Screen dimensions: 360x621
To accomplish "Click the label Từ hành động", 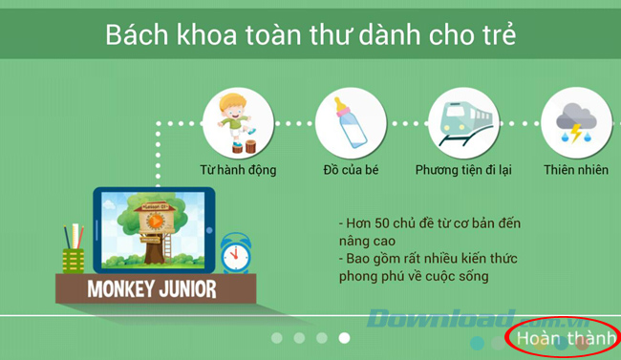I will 238,171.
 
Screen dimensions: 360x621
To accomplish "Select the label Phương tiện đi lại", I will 464,171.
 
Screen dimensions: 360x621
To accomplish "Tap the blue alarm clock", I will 234,254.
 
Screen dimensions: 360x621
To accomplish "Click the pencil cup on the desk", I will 75,250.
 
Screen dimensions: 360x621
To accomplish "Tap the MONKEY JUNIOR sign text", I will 154,287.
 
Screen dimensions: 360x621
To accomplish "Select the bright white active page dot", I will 345,337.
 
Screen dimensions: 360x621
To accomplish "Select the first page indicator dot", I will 276,337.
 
